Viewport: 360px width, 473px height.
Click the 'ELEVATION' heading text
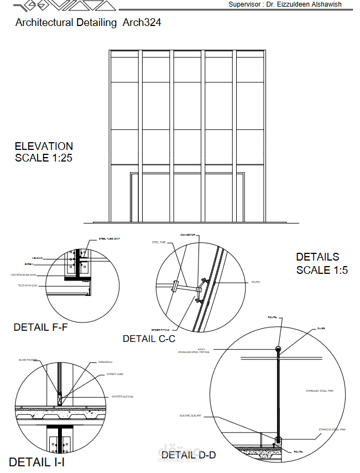click(44, 146)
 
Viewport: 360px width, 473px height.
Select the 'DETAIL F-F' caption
click(40, 327)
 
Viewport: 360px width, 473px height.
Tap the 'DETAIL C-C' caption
click(149, 339)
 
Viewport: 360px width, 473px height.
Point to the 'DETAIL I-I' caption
click(36, 461)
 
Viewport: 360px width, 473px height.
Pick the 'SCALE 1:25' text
click(44, 158)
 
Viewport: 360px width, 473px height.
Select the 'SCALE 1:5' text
click(322, 270)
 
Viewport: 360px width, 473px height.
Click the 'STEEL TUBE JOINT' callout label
click(109, 238)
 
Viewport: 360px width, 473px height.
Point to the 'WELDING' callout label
click(38, 257)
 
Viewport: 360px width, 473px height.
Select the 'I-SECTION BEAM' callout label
click(23, 274)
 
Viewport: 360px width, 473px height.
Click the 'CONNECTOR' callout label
click(188, 235)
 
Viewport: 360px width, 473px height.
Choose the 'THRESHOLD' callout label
click(105, 362)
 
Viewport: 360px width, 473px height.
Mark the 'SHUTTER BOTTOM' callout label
click(123, 397)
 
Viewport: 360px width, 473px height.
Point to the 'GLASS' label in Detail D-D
click(321, 328)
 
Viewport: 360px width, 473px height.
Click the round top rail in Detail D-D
click(278, 349)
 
